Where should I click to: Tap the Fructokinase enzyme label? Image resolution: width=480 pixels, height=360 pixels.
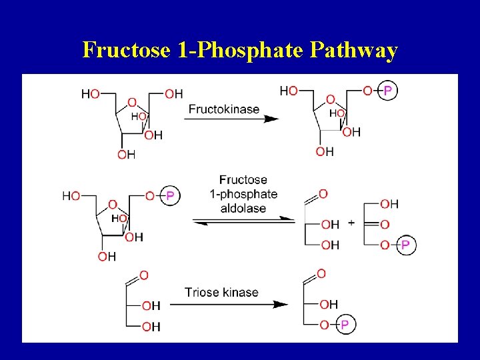point(223,109)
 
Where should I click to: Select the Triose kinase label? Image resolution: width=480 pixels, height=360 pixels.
point(221,292)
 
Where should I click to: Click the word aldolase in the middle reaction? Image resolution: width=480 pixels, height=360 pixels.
point(243,208)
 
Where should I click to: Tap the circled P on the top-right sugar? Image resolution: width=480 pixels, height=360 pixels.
point(387,91)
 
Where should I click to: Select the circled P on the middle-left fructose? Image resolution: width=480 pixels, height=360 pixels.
point(170,195)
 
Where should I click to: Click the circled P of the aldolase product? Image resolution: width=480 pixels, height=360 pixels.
point(405,245)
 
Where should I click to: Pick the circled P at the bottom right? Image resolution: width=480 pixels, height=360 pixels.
point(344,325)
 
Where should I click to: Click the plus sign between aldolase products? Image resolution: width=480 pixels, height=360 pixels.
point(351,223)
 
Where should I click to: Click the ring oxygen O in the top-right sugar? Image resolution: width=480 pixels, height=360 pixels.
point(330,99)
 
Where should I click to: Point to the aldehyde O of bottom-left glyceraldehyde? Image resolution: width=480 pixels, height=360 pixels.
point(144,275)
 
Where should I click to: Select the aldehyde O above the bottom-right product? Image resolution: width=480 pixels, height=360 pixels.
point(321,273)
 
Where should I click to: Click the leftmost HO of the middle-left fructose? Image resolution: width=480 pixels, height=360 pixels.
point(71,195)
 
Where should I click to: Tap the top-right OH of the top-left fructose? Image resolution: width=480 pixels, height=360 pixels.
point(173,94)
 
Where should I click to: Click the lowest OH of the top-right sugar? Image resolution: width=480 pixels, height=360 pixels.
point(325,151)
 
